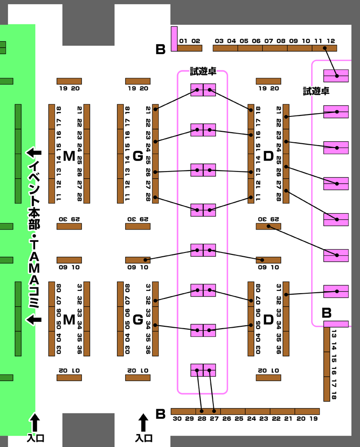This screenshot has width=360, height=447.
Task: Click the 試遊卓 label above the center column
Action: [x=203, y=72]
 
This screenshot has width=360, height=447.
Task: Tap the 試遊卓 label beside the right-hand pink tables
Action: [x=316, y=91]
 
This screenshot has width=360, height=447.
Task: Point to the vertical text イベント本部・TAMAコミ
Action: [x=34, y=235]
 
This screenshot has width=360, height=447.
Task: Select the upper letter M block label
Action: [x=69, y=156]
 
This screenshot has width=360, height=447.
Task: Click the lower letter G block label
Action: [x=138, y=319]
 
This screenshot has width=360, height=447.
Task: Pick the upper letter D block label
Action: [x=268, y=156]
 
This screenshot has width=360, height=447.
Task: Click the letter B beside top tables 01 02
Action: [x=161, y=49]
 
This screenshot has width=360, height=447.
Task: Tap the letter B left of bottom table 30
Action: [x=161, y=413]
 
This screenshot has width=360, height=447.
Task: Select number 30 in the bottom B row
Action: [x=177, y=419]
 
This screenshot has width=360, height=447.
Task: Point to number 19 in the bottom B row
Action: [x=314, y=419]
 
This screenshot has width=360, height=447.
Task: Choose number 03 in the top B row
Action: [x=220, y=41]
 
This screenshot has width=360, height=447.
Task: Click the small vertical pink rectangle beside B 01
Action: [x=174, y=38]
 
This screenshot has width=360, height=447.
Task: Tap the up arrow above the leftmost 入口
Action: [x=35, y=423]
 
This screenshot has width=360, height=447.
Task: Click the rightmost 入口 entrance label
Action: [x=143, y=438]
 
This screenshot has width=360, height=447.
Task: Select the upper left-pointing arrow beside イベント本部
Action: [x=34, y=153]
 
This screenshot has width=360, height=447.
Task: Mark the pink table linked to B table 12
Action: [x=336, y=76]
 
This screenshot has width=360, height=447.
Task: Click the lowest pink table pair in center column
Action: [x=203, y=370]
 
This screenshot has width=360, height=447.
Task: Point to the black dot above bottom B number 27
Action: [x=214, y=411]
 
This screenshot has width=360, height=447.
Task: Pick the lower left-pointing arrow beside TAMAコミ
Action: [x=34, y=320]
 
